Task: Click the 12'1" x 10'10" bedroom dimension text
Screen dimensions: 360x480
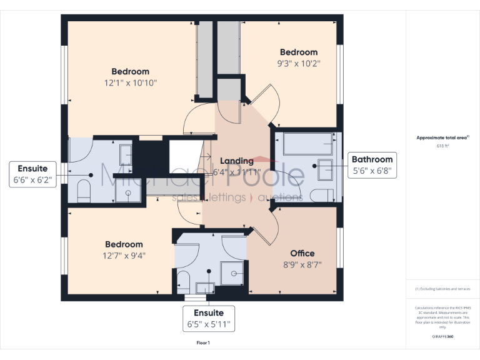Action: [x=131, y=82]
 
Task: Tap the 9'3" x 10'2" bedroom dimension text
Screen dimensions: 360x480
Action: [x=298, y=63]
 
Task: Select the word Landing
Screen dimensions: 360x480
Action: [x=236, y=161]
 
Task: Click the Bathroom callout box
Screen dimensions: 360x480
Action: [x=372, y=165]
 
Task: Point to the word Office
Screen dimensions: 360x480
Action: [x=302, y=253]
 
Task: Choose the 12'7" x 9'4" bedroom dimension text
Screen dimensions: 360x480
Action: [x=123, y=255]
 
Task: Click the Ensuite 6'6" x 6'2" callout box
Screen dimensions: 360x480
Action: [x=33, y=174]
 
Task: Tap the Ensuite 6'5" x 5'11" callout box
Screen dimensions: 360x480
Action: [x=208, y=319]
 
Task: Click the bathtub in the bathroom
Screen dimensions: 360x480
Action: [x=307, y=144]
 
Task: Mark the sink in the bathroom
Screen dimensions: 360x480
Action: [x=325, y=169]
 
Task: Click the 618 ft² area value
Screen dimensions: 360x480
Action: [x=443, y=146]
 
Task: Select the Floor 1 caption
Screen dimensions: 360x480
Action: [x=203, y=343]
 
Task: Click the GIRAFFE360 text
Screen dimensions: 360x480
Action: [x=442, y=336]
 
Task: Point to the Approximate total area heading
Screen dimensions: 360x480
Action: [x=442, y=137]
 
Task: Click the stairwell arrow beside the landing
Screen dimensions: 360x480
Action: [x=206, y=156]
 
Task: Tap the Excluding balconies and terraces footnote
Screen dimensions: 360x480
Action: [x=442, y=289]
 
